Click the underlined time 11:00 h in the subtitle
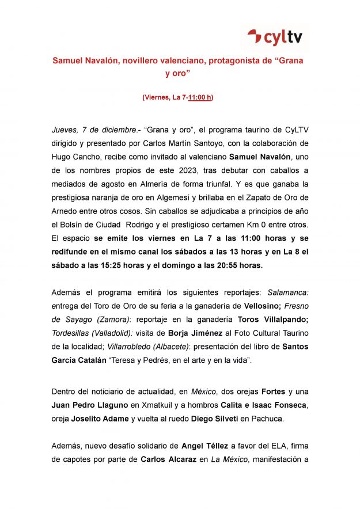200,97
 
